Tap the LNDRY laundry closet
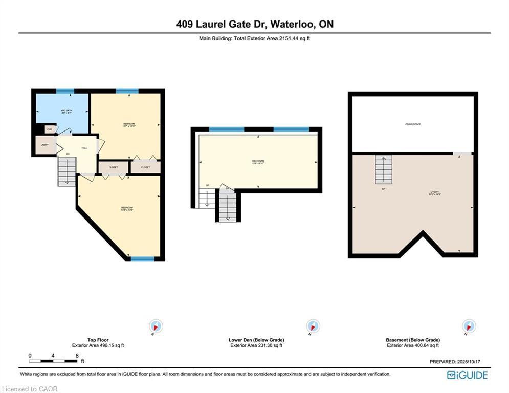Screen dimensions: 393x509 (x=45, y=146)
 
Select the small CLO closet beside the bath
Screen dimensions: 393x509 (x=50, y=129)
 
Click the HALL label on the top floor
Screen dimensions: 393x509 (x=84, y=148)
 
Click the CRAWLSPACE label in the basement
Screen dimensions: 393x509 (x=412, y=124)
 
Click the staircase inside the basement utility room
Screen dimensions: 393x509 (x=384, y=169)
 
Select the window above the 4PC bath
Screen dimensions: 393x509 (x=65, y=91)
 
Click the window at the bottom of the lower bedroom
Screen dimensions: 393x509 (x=142, y=259)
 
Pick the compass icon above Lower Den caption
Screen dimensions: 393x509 (x=313, y=326)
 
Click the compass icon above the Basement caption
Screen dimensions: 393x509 (x=468, y=326)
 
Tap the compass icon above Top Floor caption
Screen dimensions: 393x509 (x=156, y=326)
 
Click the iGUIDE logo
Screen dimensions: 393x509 (x=467, y=375)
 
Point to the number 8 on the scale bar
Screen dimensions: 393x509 (x=77, y=355)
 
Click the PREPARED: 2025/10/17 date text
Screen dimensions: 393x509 (x=455, y=361)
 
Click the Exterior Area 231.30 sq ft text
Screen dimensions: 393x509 (x=256, y=345)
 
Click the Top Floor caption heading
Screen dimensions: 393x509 (x=98, y=340)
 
